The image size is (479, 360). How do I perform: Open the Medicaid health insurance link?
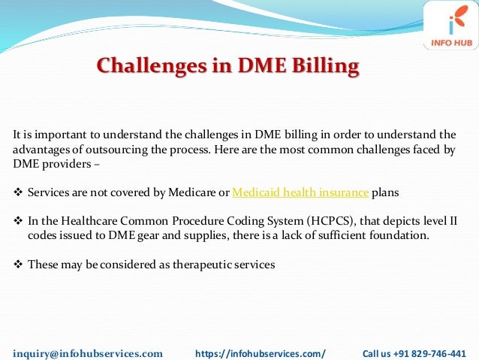pyautogui.click(x=300, y=192)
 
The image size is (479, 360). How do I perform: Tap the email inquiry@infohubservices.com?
pyautogui.click(x=88, y=352)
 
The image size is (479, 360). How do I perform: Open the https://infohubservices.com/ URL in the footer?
pyautogui.click(x=261, y=352)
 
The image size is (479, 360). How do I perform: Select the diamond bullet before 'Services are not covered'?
pyautogui.click(x=19, y=193)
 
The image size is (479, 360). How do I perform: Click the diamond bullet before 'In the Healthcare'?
pyautogui.click(x=19, y=222)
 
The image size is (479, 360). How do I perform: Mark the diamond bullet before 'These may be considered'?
pyautogui.click(x=19, y=265)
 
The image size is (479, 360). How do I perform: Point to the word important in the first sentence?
pyautogui.click(x=51, y=135)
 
